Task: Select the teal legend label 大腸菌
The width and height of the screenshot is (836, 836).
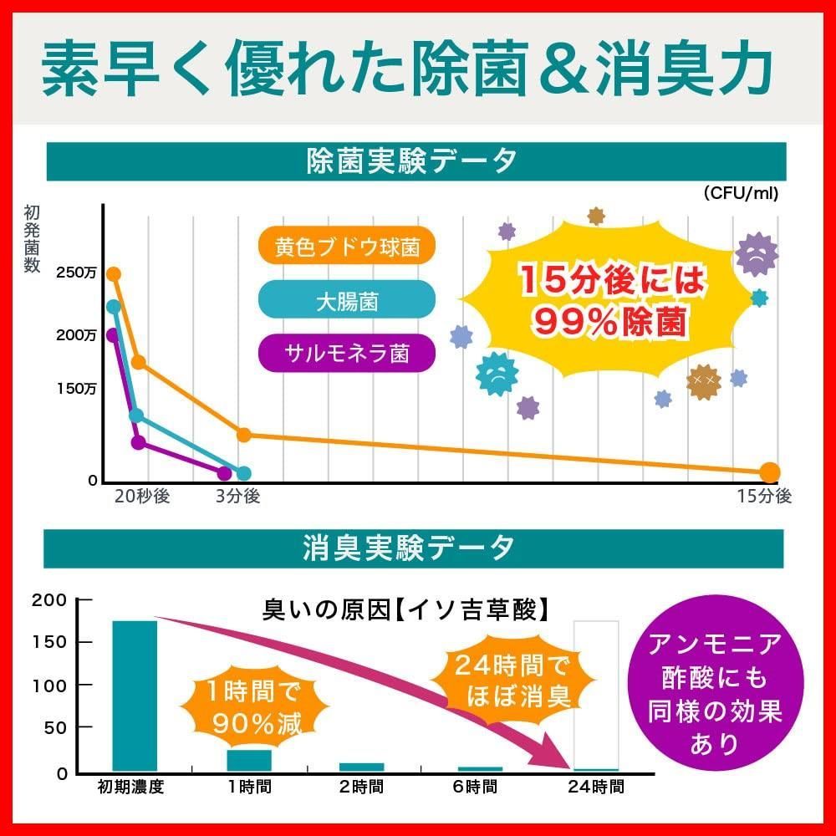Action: tap(346, 300)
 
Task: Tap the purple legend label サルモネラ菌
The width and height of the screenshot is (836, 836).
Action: tap(346, 354)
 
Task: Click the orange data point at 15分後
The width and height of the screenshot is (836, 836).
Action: tap(769, 472)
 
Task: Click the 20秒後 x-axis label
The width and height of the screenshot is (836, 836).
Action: tap(142, 497)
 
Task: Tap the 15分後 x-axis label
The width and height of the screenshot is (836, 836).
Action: tap(763, 497)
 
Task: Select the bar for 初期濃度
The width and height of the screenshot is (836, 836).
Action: tap(135, 696)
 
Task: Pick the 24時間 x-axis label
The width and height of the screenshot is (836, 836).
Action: tap(595, 787)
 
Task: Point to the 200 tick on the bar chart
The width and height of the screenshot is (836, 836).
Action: tap(48, 599)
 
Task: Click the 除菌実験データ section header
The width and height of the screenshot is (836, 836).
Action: tap(415, 161)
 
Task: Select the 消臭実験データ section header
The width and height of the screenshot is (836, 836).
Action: tap(415, 548)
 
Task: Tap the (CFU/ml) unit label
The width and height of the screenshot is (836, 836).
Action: tap(740, 194)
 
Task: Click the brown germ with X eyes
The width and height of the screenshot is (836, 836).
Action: tap(703, 380)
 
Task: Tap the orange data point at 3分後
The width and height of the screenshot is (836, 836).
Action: tap(244, 435)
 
